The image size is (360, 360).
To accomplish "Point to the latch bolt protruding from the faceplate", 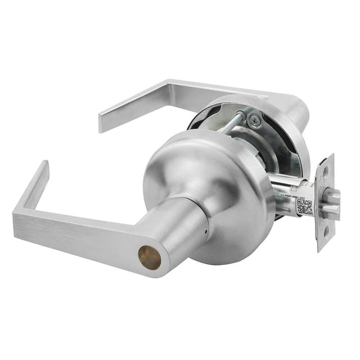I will click(331, 202).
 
